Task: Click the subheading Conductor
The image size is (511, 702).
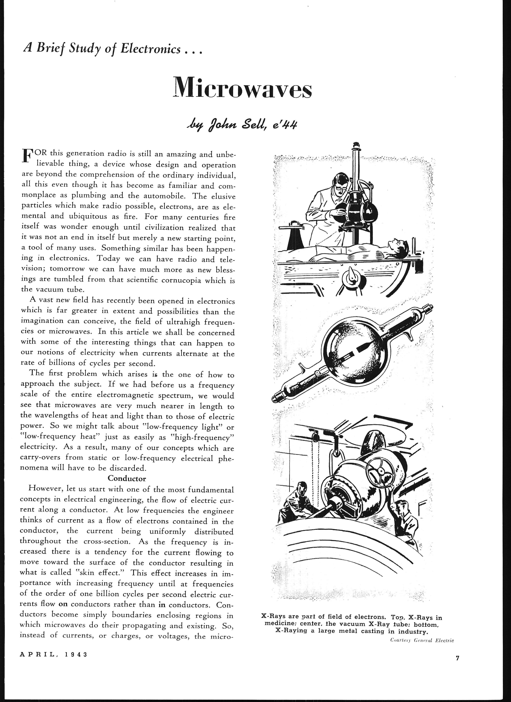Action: pos(127,478)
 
